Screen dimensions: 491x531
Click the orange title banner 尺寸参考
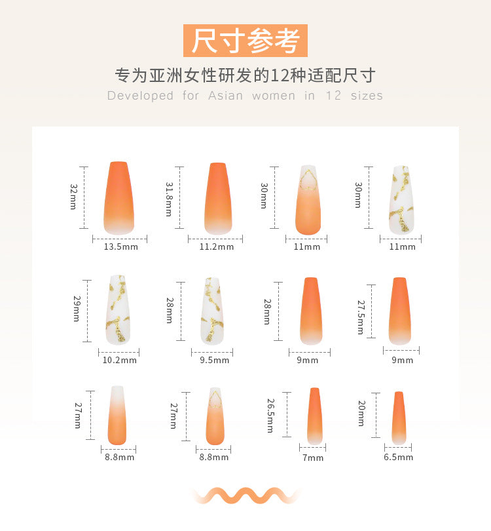(x=245, y=41)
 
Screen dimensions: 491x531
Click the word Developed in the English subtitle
(x=140, y=96)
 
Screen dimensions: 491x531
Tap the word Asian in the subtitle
(x=226, y=96)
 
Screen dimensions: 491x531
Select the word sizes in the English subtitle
(x=367, y=96)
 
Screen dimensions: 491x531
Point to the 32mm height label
(x=74, y=197)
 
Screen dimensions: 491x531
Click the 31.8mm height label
(x=169, y=199)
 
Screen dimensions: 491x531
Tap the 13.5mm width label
(x=120, y=246)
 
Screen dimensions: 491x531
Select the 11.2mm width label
(x=217, y=246)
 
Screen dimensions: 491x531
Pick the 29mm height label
(x=77, y=309)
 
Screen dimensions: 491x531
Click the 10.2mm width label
(x=119, y=360)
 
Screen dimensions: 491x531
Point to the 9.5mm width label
(x=214, y=360)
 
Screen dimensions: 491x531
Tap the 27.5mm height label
(x=361, y=317)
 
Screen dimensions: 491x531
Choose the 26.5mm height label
(x=270, y=416)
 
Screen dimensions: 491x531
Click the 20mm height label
(x=361, y=413)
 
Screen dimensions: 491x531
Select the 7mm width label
(x=313, y=458)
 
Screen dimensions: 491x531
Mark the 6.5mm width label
(x=398, y=457)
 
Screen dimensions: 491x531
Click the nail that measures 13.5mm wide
(x=118, y=198)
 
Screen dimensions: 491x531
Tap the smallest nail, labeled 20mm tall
(x=399, y=418)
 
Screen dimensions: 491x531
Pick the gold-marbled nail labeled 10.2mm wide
(x=118, y=310)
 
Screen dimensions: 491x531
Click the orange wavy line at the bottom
(x=245, y=496)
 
